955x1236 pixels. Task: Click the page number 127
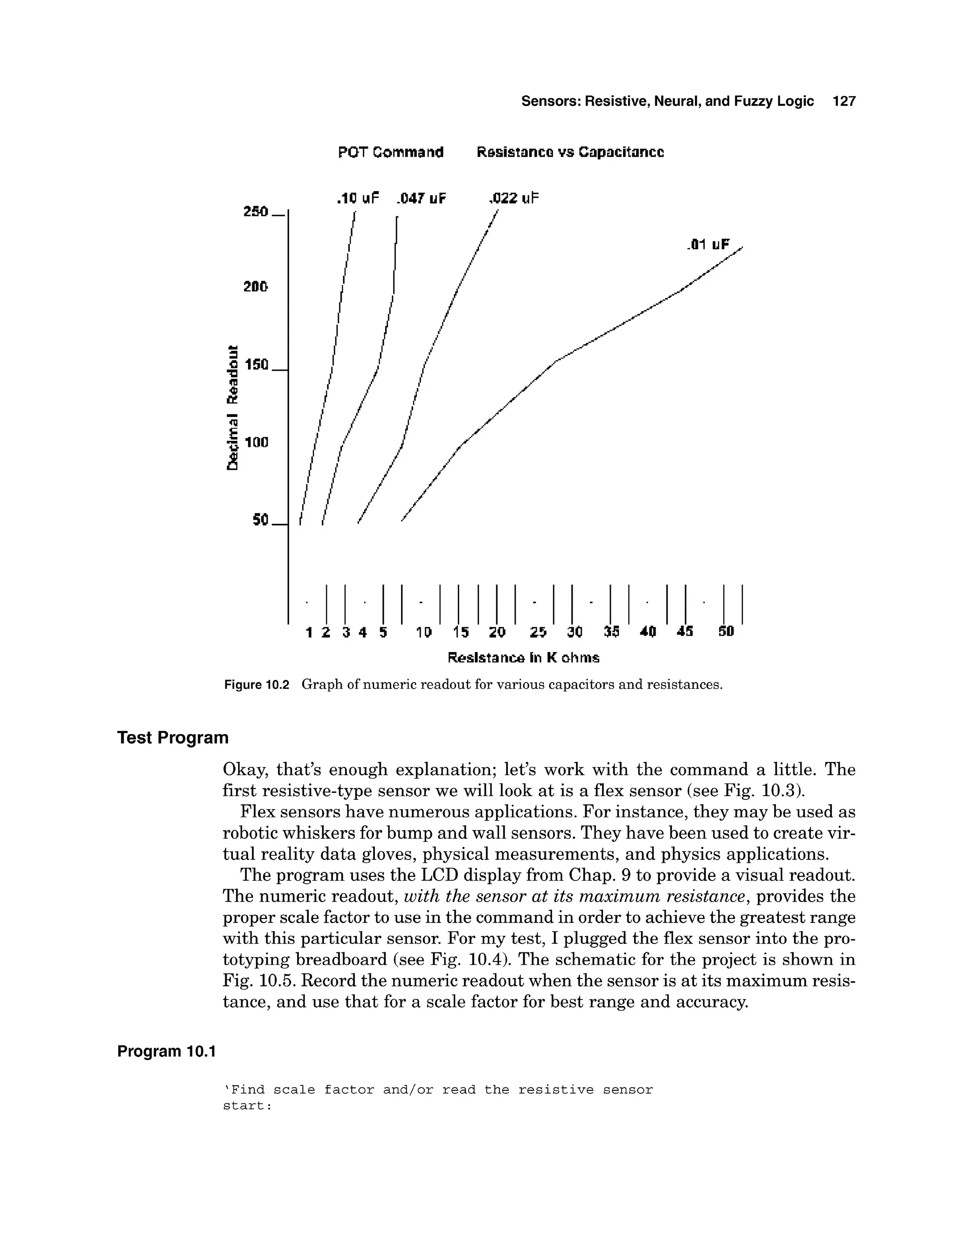coord(844,101)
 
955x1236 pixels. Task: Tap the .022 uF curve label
coord(513,198)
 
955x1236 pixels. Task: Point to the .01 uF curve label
coord(707,244)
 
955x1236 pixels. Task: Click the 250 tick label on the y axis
coord(255,212)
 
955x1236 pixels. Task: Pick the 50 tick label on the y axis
coord(260,520)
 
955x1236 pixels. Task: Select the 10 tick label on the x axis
coord(424,632)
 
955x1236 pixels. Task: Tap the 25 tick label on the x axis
coord(538,632)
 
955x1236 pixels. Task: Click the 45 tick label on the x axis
coord(685,632)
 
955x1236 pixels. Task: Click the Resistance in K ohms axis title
coord(523,658)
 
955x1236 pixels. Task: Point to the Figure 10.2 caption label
coord(256,685)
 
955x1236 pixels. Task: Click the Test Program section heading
coord(173,738)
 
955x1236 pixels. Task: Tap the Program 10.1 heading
coord(166,1051)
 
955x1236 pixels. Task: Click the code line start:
coord(247,1106)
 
